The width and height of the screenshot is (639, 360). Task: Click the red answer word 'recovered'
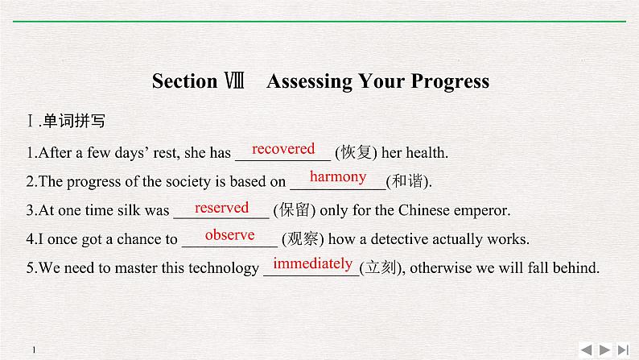(283, 149)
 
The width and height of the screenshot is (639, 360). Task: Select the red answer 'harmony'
(338, 177)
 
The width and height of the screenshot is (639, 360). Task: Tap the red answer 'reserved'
(221, 208)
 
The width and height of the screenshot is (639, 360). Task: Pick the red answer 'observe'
(229, 235)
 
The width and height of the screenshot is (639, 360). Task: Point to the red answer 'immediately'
(312, 263)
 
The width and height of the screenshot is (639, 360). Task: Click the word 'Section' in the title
(184, 81)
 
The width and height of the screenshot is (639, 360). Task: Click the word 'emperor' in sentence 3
(482, 211)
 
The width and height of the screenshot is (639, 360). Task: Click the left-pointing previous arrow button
(585, 349)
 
